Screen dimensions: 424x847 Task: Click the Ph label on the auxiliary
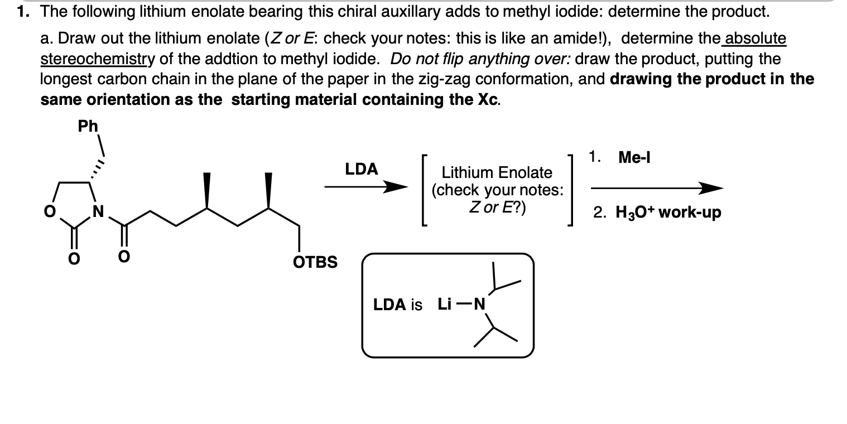click(88, 126)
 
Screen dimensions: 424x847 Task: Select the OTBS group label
click(315, 262)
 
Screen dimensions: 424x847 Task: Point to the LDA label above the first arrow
click(361, 169)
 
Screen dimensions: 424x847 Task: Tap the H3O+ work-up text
click(668, 213)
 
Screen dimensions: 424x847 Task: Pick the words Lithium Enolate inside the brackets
click(497, 172)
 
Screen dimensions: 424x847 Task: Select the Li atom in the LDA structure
click(445, 305)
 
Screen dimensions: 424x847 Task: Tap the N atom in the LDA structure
click(478, 305)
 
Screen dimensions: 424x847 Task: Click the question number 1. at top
click(23, 11)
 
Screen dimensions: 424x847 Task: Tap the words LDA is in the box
click(398, 305)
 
